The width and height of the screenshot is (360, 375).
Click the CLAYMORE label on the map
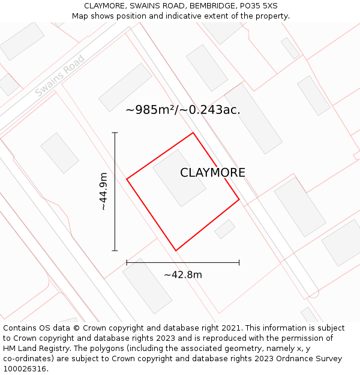click(x=212, y=173)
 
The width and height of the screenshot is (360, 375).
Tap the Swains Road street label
click(x=59, y=76)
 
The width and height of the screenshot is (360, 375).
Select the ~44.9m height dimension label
click(x=103, y=191)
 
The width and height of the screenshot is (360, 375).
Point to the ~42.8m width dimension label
click(x=183, y=275)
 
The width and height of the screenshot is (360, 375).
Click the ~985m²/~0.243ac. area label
click(x=183, y=110)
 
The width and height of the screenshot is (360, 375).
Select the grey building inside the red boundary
click(x=179, y=178)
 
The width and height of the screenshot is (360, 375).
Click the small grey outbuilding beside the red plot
click(x=225, y=229)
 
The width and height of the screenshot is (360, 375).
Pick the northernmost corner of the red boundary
click(x=193, y=133)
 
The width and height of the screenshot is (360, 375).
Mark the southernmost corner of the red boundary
click(x=175, y=250)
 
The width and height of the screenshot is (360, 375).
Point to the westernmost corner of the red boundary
click(x=127, y=179)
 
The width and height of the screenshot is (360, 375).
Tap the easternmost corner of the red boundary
click(x=239, y=199)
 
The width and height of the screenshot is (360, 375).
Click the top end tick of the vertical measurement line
click(x=115, y=133)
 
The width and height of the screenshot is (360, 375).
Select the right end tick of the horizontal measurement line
click(x=239, y=262)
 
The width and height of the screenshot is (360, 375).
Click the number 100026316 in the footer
click(x=23, y=368)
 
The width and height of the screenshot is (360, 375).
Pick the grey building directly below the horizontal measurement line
click(x=147, y=286)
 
